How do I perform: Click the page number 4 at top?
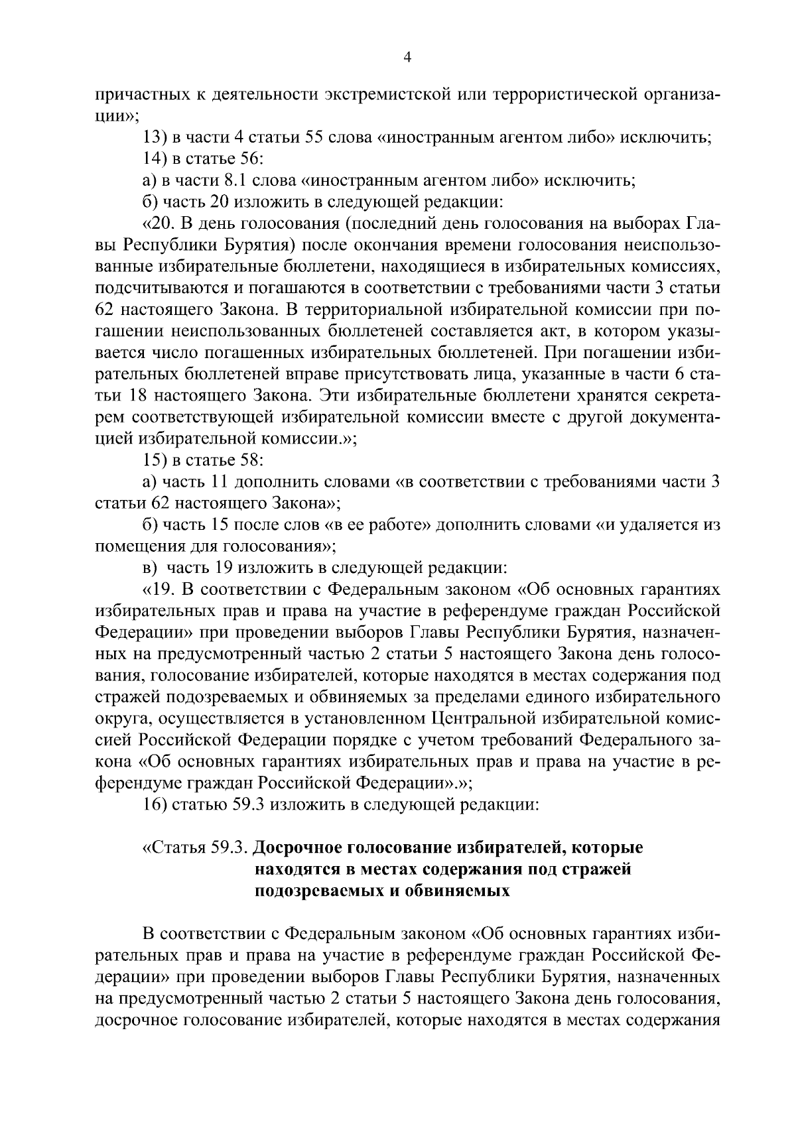pyautogui.click(x=408, y=58)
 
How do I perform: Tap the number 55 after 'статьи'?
pyautogui.click(x=314, y=138)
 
